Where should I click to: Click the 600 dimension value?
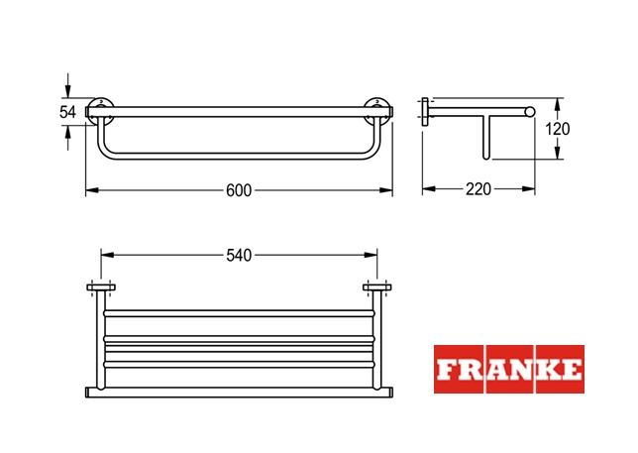point(239,190)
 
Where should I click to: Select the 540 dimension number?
point(239,256)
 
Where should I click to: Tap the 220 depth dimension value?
point(478,189)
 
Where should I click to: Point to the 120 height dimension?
point(558,129)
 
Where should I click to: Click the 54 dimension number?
point(67,112)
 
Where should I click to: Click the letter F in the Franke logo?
point(445,370)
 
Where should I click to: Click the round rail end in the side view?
point(530,112)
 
